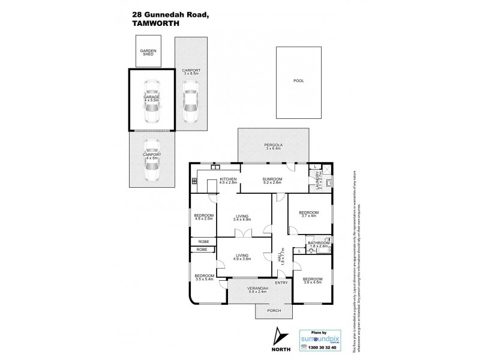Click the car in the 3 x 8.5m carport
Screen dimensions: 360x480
pyautogui.click(x=190, y=104)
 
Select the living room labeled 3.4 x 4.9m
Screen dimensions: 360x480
pyautogui.click(x=242, y=217)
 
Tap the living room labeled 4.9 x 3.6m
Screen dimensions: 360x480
pyautogui.click(x=242, y=257)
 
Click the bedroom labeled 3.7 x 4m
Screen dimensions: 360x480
pyautogui.click(x=308, y=213)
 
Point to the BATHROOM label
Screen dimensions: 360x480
pyautogui.click(x=318, y=244)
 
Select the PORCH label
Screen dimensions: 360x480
pyautogui.click(x=274, y=311)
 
